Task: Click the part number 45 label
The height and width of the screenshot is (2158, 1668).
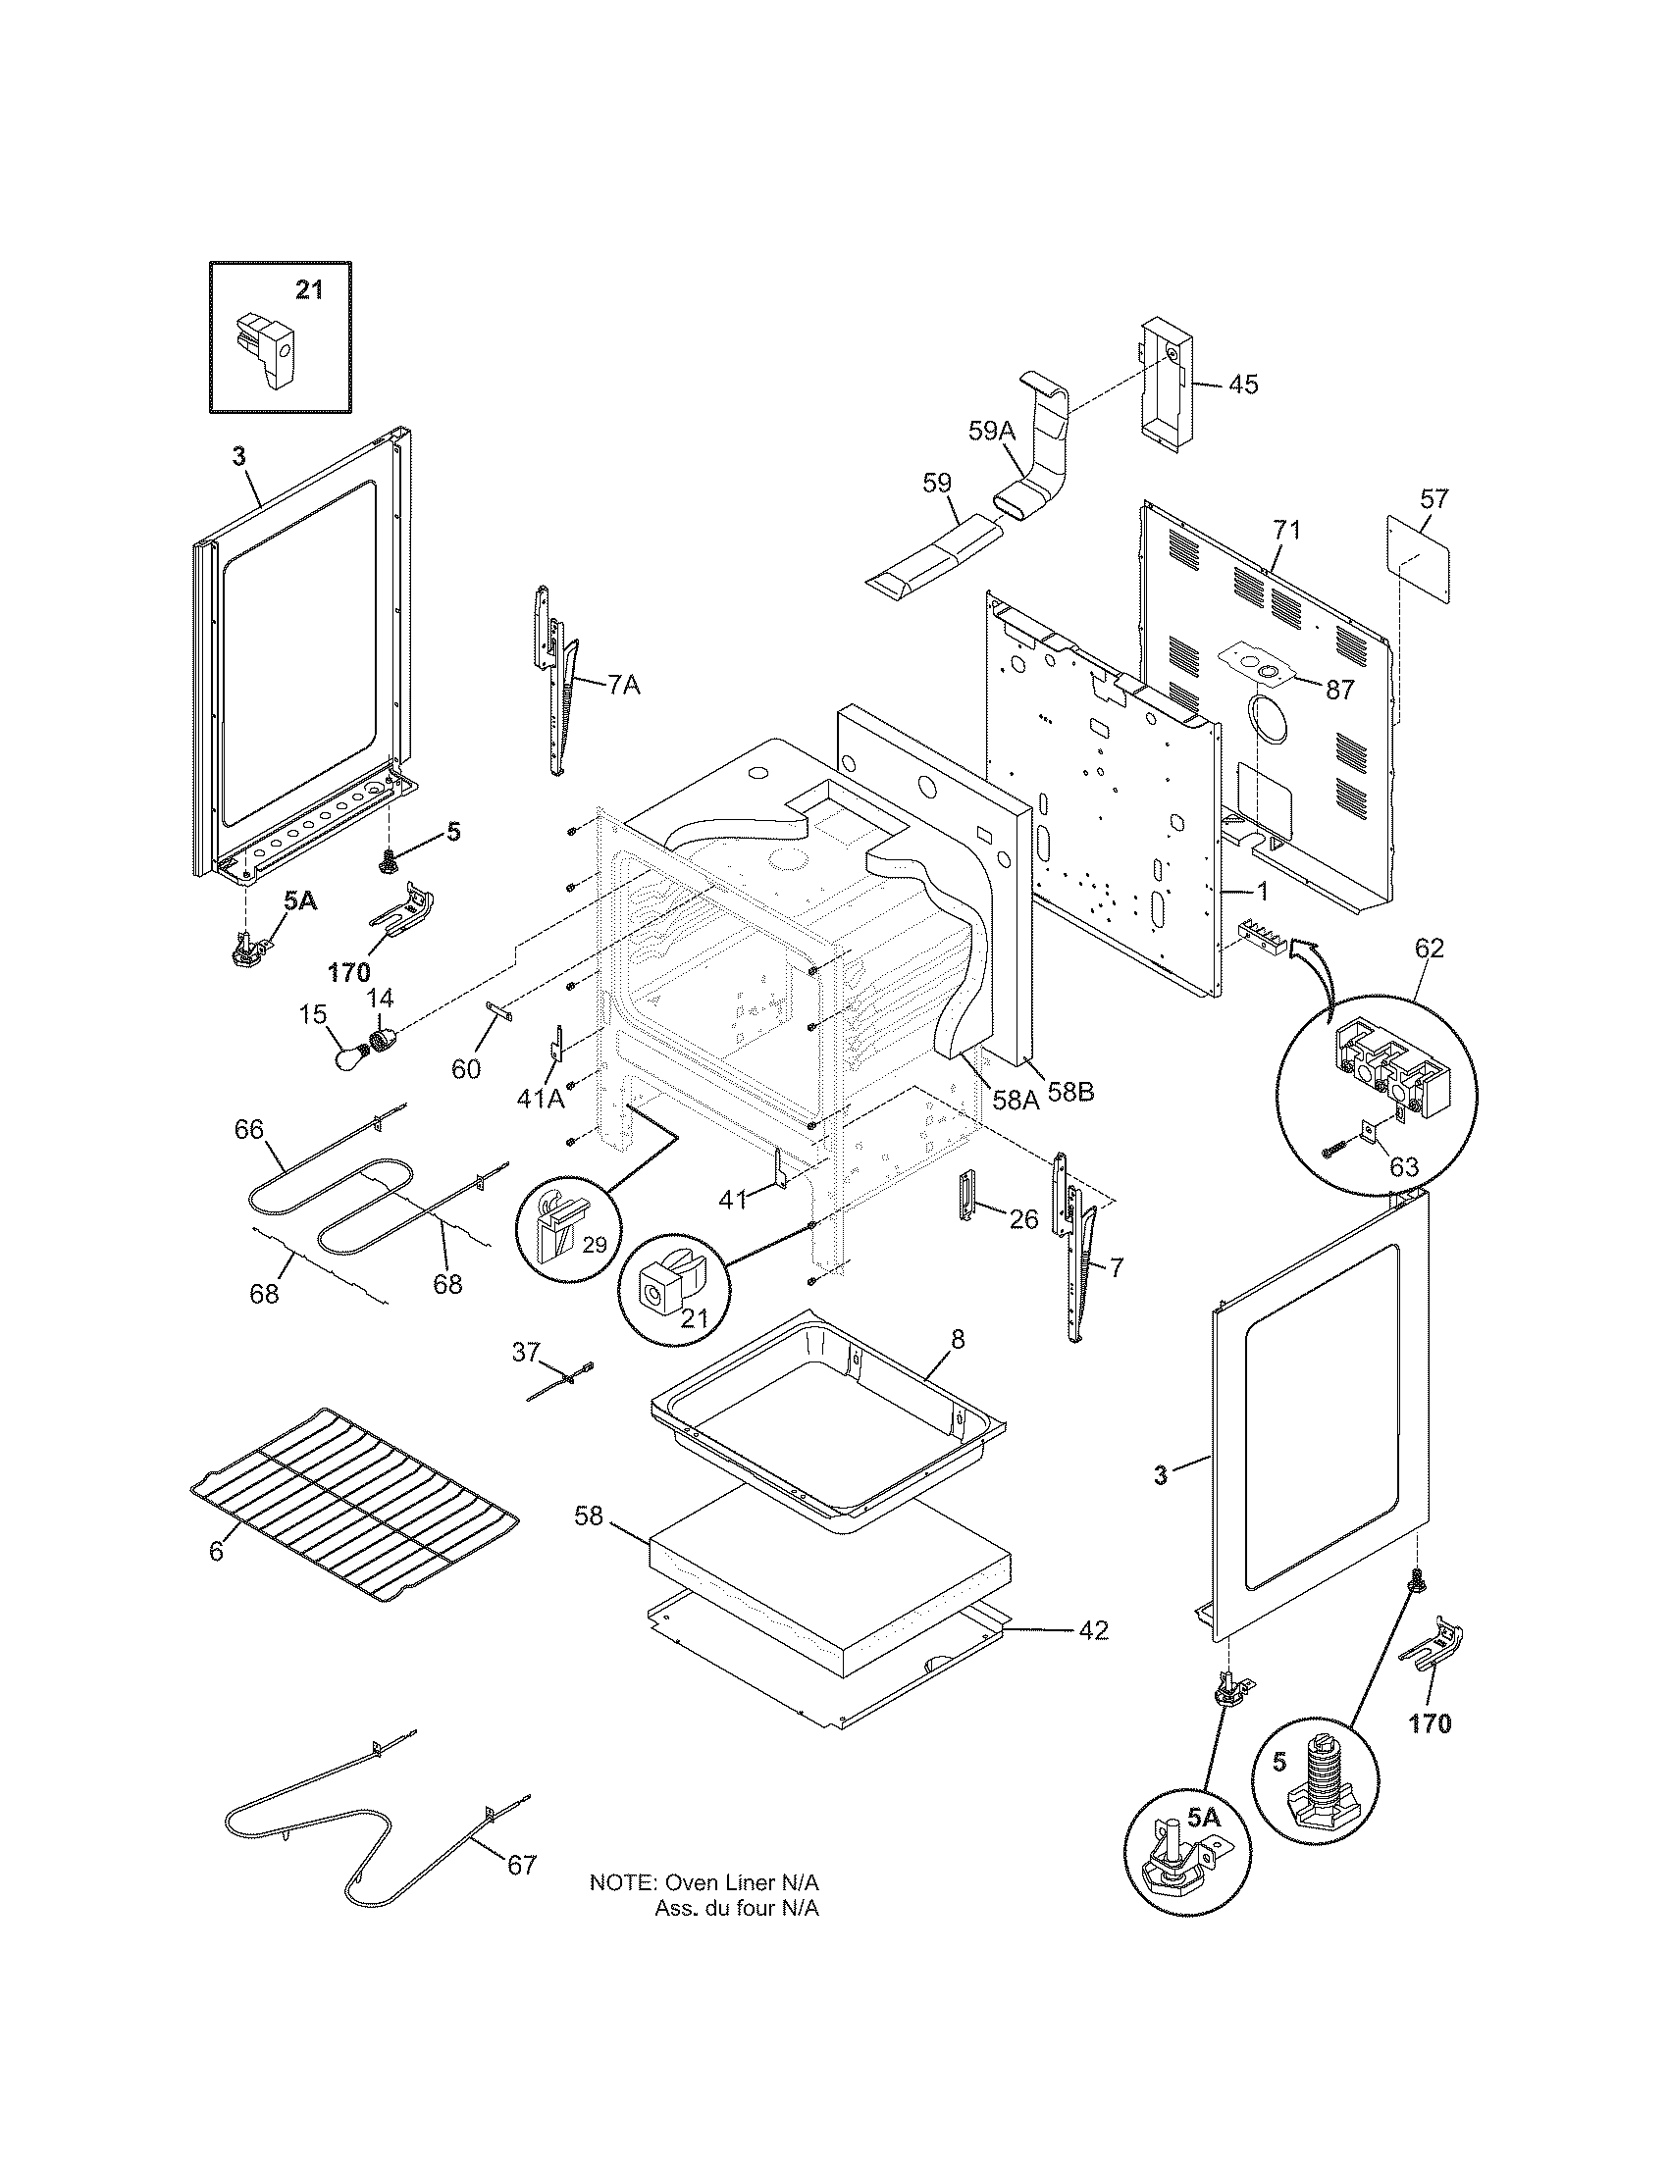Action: pyautogui.click(x=1243, y=385)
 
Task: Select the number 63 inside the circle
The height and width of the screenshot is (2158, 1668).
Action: pyautogui.click(x=1403, y=1167)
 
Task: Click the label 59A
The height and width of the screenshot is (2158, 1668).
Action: pyautogui.click(x=991, y=430)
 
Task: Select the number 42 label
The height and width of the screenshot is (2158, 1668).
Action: pyautogui.click(x=1092, y=1630)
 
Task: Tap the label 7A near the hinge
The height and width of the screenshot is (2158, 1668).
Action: pyautogui.click(x=622, y=685)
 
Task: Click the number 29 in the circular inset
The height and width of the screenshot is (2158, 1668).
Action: pyautogui.click(x=594, y=1245)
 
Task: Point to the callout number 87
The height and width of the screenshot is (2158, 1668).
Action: pyautogui.click(x=1339, y=690)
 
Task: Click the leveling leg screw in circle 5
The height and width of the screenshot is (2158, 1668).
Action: pyautogui.click(x=1320, y=1786)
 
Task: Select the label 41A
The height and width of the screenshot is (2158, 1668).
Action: pyautogui.click(x=541, y=1097)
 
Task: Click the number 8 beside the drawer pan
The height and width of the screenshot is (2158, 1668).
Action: pyautogui.click(x=958, y=1340)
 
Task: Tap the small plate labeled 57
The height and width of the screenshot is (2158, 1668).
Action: pyautogui.click(x=1419, y=560)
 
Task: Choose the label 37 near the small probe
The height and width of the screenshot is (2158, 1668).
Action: pyautogui.click(x=526, y=1351)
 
